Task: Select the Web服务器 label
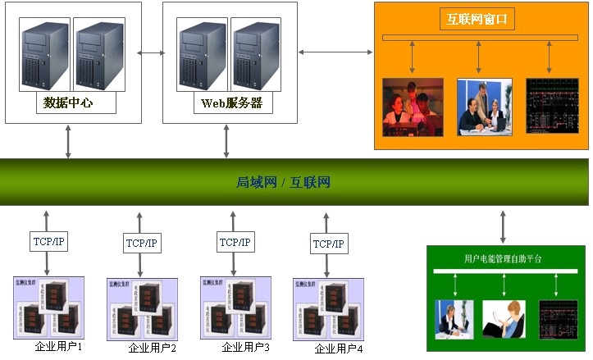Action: click(x=231, y=103)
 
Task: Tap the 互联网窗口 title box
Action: click(x=477, y=17)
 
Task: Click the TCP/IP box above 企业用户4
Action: click(x=329, y=244)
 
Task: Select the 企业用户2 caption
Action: click(x=153, y=349)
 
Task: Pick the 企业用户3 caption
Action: click(x=245, y=348)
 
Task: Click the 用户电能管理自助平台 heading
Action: click(x=503, y=258)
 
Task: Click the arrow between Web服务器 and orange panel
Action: click(x=335, y=52)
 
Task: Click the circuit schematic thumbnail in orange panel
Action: click(x=552, y=107)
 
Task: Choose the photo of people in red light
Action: click(x=413, y=107)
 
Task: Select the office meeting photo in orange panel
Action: click(x=484, y=107)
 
